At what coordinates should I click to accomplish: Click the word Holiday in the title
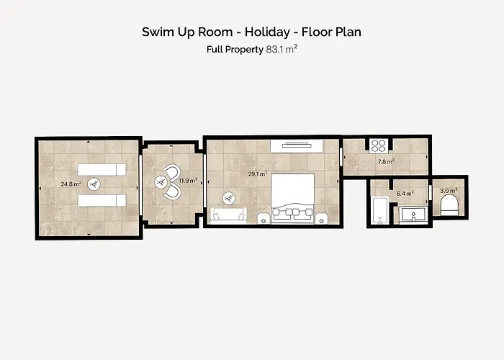267,32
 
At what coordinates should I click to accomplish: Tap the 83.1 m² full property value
282,49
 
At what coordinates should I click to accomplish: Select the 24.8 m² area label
71,184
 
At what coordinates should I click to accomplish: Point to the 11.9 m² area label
188,181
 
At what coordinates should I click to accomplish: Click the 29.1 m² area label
258,174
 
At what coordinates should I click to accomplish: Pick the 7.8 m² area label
386,162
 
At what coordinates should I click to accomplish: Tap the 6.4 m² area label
405,194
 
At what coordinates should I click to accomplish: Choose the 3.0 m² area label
449,191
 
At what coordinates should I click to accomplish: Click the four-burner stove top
379,145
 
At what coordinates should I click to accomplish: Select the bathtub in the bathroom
379,211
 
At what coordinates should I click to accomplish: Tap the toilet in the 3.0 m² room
449,205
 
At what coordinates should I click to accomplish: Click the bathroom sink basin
413,215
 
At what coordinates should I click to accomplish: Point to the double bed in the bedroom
292,198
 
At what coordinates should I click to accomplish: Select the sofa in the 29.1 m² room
228,216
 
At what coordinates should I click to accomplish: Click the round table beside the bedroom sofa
229,198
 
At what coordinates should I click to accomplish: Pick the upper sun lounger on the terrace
102,169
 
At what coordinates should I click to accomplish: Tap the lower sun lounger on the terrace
102,201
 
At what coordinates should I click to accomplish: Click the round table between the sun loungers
94,184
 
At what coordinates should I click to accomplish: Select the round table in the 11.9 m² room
161,182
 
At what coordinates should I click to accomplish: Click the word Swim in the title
156,32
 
